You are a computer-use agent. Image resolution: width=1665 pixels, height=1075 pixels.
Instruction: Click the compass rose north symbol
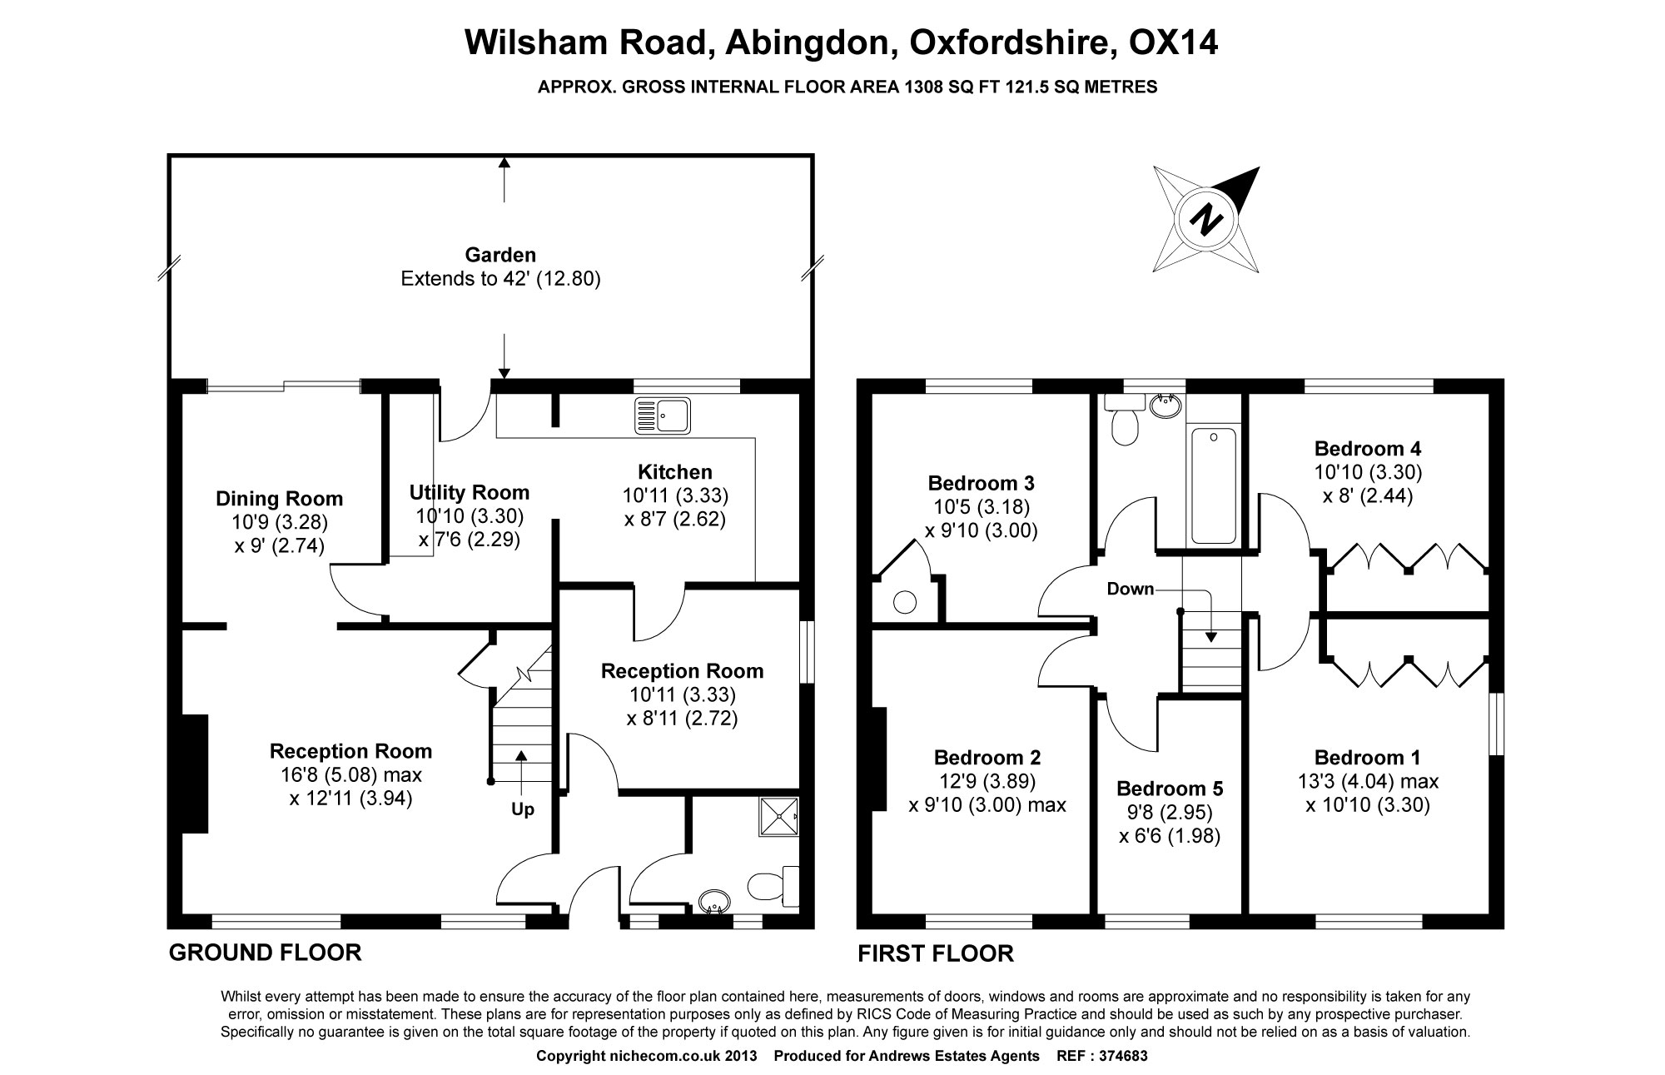pos(1205,219)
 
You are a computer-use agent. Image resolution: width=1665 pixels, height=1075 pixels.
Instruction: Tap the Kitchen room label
pos(674,472)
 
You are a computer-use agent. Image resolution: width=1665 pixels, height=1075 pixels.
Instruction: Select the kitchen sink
pos(662,416)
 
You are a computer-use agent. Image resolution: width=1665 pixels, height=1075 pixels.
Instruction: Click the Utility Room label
pos(469,492)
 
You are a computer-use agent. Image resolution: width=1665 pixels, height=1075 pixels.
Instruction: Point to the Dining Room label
pos(279,499)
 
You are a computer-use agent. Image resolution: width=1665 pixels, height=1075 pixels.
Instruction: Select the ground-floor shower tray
pos(778,817)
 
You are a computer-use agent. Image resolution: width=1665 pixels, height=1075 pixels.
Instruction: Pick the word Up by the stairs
pos(522,809)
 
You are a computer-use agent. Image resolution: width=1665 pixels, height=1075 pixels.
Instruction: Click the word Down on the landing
pos(1130,590)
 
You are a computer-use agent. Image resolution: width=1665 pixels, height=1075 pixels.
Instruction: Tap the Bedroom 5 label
pos(1170,789)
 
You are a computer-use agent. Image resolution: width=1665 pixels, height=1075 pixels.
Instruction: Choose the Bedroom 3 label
pos(981,483)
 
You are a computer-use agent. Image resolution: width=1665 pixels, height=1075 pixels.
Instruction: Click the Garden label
pos(500,255)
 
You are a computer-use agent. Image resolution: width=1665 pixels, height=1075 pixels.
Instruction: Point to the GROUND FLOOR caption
pos(265,953)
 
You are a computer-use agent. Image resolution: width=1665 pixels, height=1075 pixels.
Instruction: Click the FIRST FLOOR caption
pos(936,953)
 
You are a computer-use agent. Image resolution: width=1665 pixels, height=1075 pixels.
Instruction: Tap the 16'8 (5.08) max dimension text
pos(350,775)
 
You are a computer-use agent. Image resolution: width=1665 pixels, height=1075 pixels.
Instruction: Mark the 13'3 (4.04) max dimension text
pos(1368,782)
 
